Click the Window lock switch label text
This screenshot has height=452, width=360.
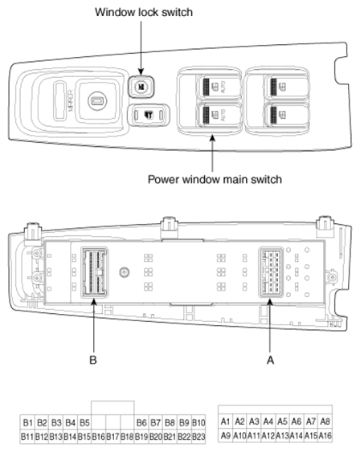coord(144,12)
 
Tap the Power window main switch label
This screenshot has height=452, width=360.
coord(215,179)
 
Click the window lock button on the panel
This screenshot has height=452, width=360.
coord(141,86)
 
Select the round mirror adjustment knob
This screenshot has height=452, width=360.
coord(97,101)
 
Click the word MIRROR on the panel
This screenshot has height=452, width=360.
coord(70,100)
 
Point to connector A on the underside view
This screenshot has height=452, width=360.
coord(271,272)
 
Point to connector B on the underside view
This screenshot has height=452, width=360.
coord(94,272)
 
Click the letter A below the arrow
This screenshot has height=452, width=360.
coord(270,360)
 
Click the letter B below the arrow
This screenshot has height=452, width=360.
coord(93,360)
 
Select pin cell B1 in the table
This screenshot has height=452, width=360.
coord(27,422)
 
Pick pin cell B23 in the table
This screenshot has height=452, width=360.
coord(198,437)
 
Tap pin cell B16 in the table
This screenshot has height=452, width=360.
coord(98,437)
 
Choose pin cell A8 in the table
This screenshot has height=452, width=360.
coord(325,421)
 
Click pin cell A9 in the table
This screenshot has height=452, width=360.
coord(225,435)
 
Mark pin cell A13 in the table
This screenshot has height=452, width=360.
coord(282,435)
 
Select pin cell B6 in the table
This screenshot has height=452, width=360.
coord(141,422)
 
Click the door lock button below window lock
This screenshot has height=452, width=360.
coord(149,115)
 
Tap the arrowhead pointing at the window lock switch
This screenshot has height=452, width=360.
coord(141,71)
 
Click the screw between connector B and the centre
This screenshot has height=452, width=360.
coord(125,272)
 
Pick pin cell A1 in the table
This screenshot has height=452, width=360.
coord(225,421)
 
